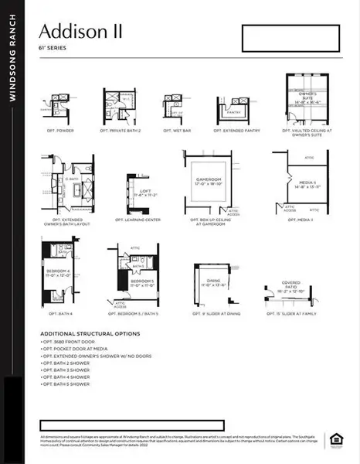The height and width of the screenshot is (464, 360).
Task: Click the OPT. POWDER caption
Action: pyautogui.click(x=59, y=131)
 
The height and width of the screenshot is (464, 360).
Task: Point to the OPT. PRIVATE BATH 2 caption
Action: pyautogui.click(x=121, y=131)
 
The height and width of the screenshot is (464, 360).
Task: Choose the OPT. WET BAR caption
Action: pyautogui.click(x=177, y=131)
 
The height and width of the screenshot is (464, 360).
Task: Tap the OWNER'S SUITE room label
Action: pyautogui.click(x=307, y=99)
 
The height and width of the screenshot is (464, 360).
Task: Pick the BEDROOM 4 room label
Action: pyautogui.click(x=58, y=271)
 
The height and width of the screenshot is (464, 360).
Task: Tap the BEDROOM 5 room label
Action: pyautogui.click(x=141, y=281)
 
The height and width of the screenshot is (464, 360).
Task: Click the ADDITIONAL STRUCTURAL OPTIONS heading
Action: pyautogui.click(x=90, y=333)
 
